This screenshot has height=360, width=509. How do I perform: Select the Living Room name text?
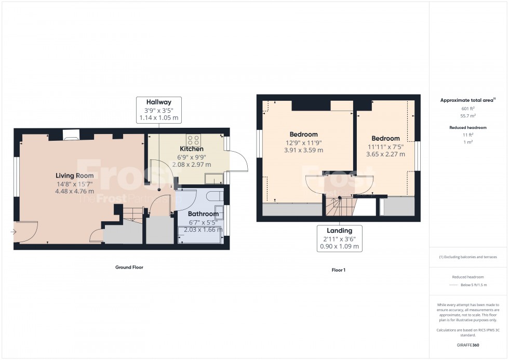(75, 176)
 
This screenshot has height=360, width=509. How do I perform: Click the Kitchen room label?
(191, 149)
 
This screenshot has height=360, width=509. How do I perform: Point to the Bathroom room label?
(203, 214)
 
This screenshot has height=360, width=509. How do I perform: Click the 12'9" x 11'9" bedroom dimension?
(304, 143)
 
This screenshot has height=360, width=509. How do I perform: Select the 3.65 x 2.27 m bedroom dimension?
(385, 154)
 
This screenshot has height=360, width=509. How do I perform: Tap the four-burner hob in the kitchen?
(194, 139)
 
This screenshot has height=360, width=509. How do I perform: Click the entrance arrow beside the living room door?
(13, 232)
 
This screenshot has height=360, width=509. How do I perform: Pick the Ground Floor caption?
(129, 268)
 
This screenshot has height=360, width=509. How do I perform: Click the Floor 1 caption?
(338, 270)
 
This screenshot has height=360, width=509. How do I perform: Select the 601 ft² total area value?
(468, 109)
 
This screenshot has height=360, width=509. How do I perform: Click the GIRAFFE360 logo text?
(468, 345)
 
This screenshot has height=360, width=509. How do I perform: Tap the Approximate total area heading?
(467, 100)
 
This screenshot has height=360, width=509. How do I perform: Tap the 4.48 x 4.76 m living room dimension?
(75, 191)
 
